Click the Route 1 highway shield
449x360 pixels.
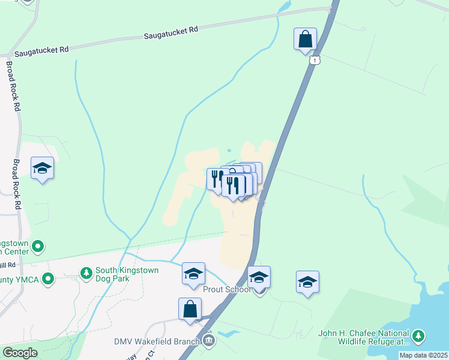pyautogui.click(x=316, y=60)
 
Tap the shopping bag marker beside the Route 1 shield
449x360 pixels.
pyautogui.click(x=305, y=40)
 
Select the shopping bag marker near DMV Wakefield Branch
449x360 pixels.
pyautogui.click(x=190, y=310)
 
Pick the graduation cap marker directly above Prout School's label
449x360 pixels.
pyautogui.click(x=259, y=278)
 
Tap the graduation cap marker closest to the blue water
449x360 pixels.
pyautogui.click(x=307, y=282)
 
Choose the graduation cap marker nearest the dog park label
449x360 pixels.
pyautogui.click(x=194, y=274)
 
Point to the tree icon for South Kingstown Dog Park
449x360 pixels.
pyautogui.click(x=86, y=274)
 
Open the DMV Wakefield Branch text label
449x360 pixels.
pyautogui.click(x=157, y=341)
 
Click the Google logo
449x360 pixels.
pyautogui.click(x=20, y=353)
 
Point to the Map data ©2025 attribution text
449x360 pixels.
pyautogui.click(x=423, y=355)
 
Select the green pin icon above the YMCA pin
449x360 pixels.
pyautogui.click(x=38, y=246)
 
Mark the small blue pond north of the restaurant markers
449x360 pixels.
pyautogui.click(x=229, y=151)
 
